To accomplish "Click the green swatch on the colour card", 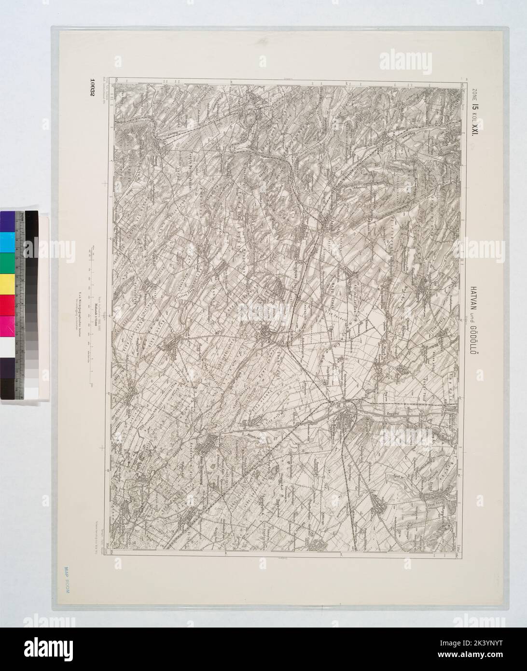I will point(7,263).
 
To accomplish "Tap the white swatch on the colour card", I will point(7,347).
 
